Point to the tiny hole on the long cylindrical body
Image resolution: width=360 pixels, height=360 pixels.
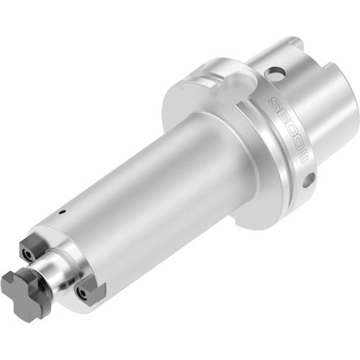coord(63,212)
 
